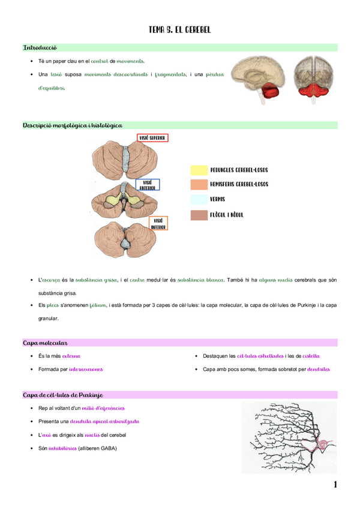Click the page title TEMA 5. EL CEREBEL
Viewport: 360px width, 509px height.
point(179,29)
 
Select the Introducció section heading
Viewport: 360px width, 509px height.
point(40,47)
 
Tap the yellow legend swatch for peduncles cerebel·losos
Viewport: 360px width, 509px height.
point(199,170)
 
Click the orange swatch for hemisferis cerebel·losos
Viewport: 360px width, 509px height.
point(199,184)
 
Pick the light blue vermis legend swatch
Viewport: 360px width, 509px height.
point(199,199)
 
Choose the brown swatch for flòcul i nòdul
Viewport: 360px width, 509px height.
point(199,214)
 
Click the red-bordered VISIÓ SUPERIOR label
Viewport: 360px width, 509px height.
point(152,138)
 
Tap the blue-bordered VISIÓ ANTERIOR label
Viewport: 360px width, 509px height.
point(148,184)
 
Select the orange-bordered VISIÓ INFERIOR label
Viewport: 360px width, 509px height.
point(158,224)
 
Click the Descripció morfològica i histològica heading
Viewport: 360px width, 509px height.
point(73,125)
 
